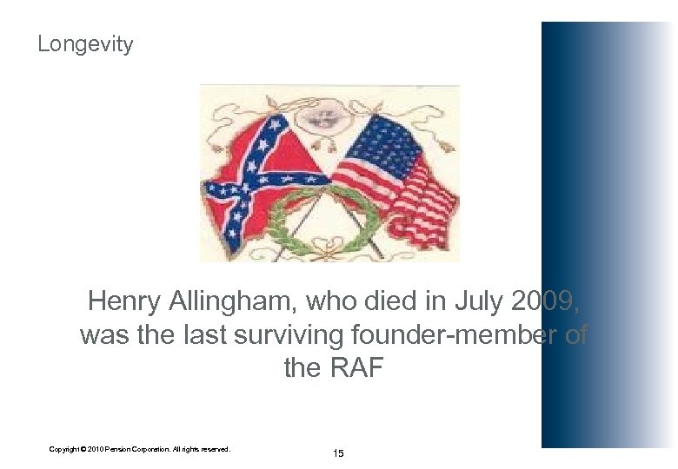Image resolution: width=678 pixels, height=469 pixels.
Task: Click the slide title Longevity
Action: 85,44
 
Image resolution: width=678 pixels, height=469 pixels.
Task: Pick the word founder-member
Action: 461,335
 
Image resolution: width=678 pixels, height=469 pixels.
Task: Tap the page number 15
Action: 337,453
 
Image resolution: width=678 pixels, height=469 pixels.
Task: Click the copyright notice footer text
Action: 139,449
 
